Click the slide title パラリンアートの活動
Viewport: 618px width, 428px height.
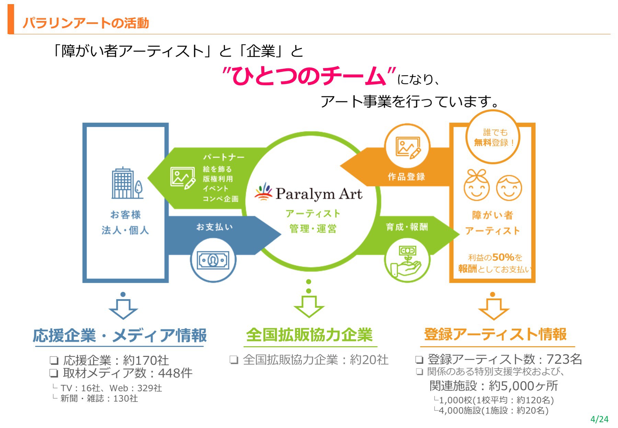pyautogui.click(x=86, y=23)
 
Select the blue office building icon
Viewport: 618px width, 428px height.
pyautogui.click(x=127, y=183)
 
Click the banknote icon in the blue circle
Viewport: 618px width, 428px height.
pyautogui.click(x=213, y=260)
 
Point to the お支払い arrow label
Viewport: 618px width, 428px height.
pyautogui.click(x=215, y=227)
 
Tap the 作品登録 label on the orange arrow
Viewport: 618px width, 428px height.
pyautogui.click(x=406, y=177)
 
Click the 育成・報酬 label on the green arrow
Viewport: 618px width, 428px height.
pyautogui.click(x=407, y=227)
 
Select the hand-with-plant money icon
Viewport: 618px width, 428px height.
pyautogui.click(x=407, y=261)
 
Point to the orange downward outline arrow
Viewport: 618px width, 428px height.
pyautogui.click(x=493, y=309)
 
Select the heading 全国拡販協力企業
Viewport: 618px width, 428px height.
pyautogui.click(x=309, y=335)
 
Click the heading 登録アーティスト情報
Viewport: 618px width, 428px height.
pyautogui.click(x=495, y=334)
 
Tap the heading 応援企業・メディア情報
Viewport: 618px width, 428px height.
pyautogui.click(x=119, y=335)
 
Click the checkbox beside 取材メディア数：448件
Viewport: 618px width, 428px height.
pyautogui.click(x=54, y=373)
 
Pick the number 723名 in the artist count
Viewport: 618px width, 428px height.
pyautogui.click(x=564, y=359)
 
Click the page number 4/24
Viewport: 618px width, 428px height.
pyautogui.click(x=599, y=419)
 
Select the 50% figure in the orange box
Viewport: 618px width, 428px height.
pyautogui.click(x=503, y=257)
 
